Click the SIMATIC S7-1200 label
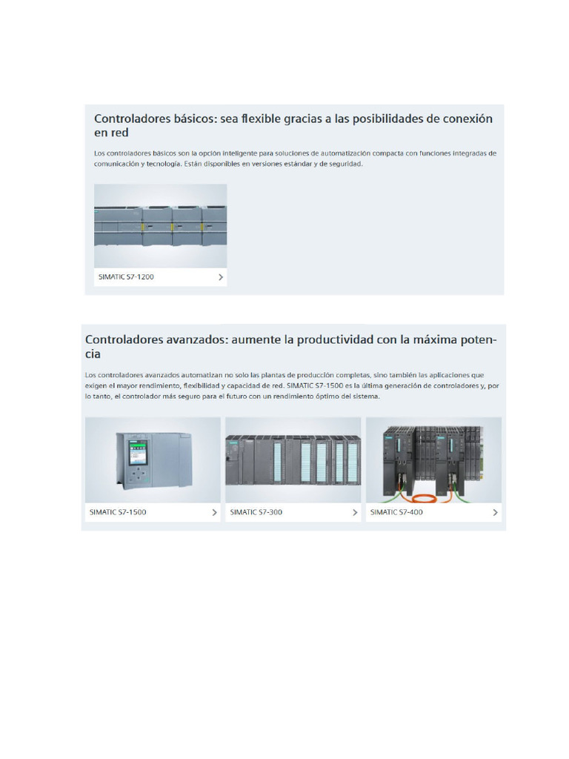[126, 277]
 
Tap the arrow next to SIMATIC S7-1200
[221, 277]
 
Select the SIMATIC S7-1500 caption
[118, 512]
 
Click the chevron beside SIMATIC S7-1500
[214, 512]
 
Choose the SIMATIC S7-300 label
[256, 512]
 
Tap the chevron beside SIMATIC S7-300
[355, 512]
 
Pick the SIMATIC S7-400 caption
[396, 512]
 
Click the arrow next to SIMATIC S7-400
[495, 512]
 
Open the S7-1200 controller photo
[160, 225]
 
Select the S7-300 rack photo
[293, 460]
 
